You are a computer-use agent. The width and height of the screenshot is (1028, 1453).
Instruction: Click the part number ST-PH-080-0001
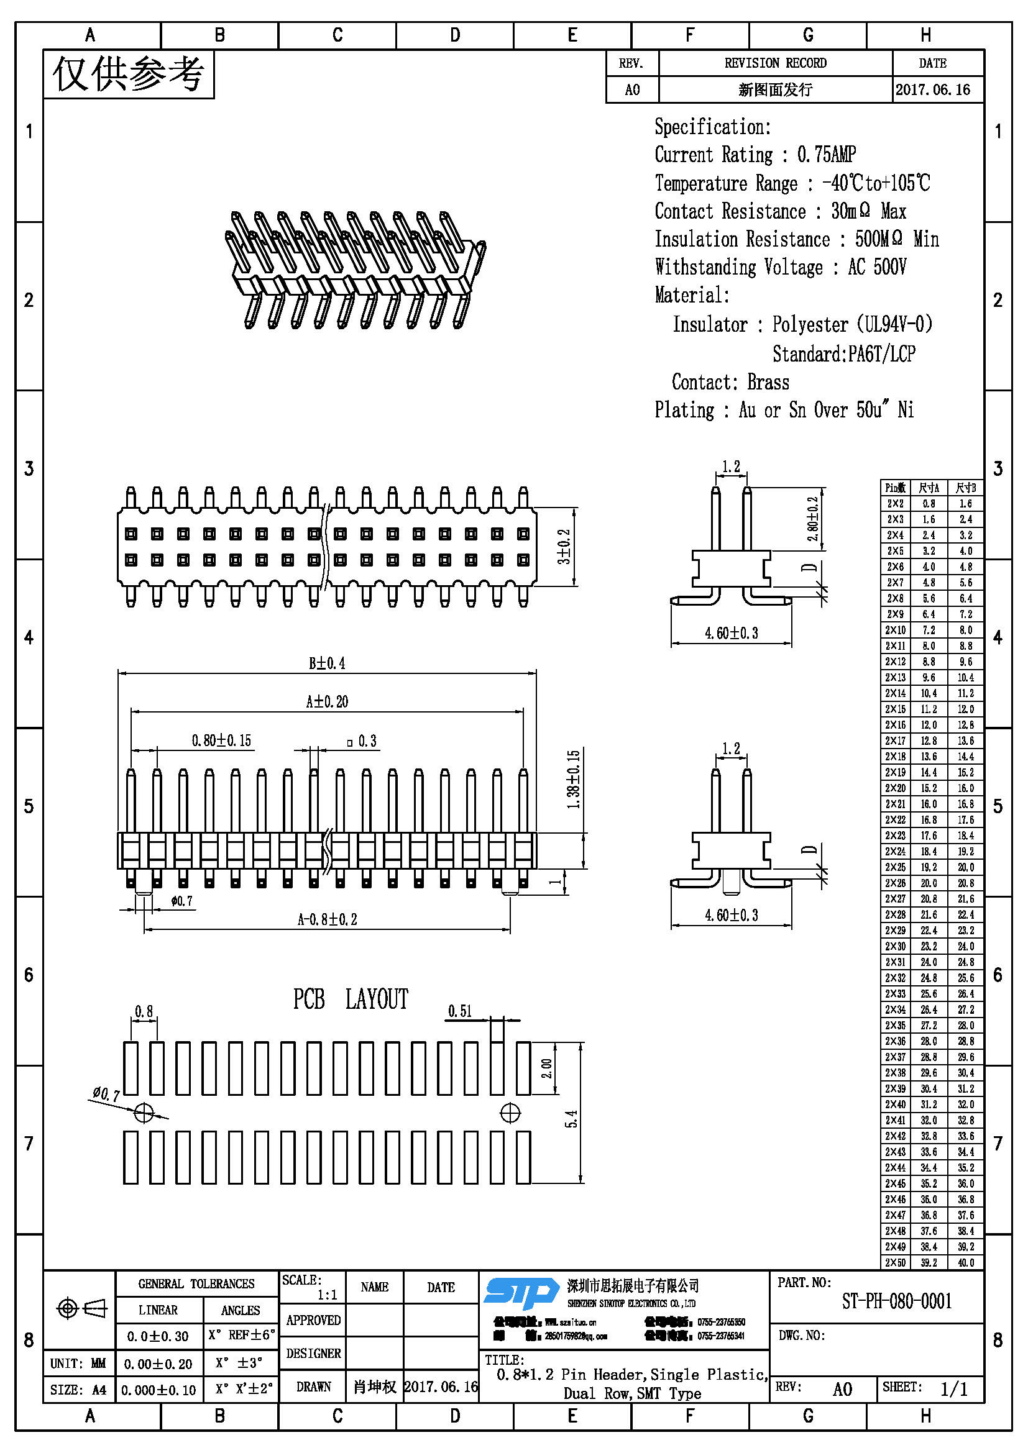tap(896, 1301)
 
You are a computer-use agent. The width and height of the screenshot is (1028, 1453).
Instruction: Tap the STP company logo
tap(520, 1293)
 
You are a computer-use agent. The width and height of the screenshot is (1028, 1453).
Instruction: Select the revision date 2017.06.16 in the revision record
tap(932, 90)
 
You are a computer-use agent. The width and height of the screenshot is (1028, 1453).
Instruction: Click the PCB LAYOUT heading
tap(350, 1000)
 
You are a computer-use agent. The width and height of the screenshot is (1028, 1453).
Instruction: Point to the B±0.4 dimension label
tap(327, 663)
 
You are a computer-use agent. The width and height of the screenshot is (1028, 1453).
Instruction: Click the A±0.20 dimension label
tap(327, 701)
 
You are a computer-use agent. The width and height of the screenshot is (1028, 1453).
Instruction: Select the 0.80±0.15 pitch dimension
tap(221, 740)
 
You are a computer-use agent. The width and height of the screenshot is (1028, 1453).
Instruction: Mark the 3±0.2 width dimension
tap(563, 547)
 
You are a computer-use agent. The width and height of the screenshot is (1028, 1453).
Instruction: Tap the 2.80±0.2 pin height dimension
tap(813, 519)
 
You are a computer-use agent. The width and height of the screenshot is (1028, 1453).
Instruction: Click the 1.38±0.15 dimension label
tap(573, 780)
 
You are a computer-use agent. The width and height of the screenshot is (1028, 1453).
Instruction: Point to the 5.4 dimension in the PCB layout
tap(571, 1119)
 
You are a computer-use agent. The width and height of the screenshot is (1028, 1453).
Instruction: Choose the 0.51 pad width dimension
tap(460, 1011)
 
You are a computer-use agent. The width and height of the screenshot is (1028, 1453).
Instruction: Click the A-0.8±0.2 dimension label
tap(327, 919)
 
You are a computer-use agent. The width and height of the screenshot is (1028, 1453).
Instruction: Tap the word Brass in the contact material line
tap(768, 382)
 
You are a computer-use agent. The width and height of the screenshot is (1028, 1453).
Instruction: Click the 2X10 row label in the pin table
tap(895, 631)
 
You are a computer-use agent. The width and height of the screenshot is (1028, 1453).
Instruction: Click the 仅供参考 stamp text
tap(129, 75)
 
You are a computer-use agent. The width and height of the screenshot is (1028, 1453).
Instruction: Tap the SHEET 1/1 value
tap(954, 1389)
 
